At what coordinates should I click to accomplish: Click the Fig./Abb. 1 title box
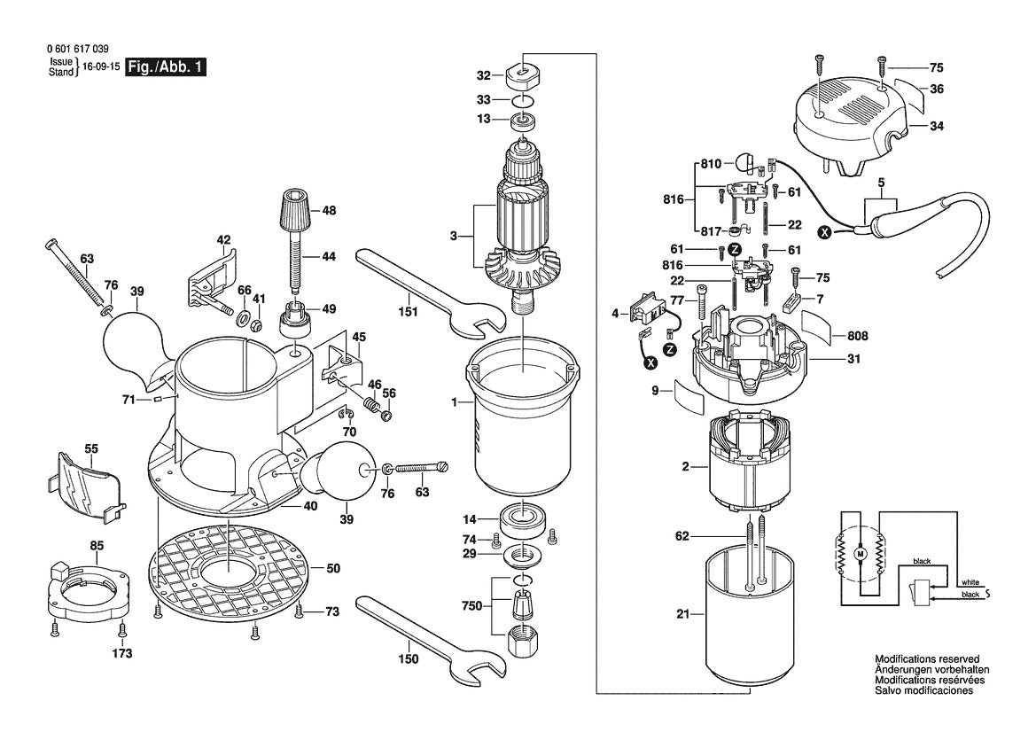point(166,67)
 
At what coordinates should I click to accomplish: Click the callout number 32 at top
point(483,75)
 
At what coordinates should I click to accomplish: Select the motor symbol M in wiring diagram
point(857,554)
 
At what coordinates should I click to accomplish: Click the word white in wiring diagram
point(970,581)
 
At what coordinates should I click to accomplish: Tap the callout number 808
point(857,337)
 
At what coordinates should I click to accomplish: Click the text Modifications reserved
point(926,659)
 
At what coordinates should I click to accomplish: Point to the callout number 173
point(121,654)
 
